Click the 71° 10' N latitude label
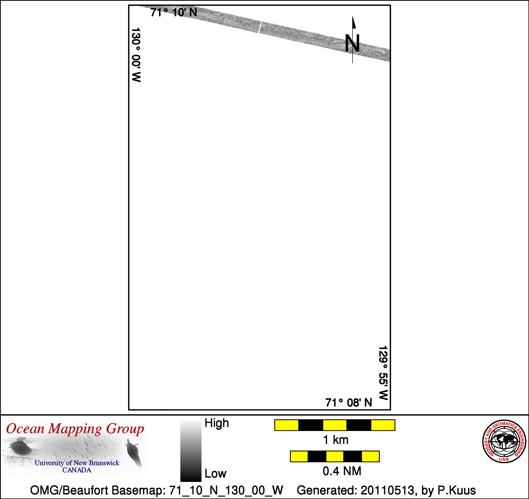pos(174,13)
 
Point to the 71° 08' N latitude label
pos(349,403)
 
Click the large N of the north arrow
pos(352,43)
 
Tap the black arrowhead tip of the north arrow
pos(353,17)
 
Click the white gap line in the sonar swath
pos(260,27)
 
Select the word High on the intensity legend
pos(217,423)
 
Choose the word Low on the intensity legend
pos(215,473)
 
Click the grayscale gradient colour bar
pos(191,451)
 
